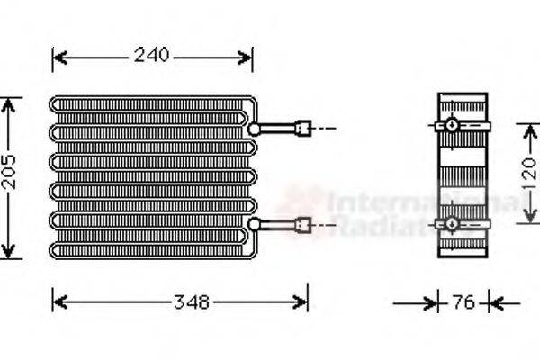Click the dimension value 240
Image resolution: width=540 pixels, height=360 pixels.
click(x=152, y=56)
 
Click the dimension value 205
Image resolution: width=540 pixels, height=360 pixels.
click(x=9, y=178)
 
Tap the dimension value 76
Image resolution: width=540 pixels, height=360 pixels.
click(x=463, y=303)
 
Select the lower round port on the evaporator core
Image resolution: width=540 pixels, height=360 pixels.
click(x=255, y=224)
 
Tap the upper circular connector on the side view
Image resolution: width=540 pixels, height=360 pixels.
click(x=451, y=124)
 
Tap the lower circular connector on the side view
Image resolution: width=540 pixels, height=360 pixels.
click(x=451, y=224)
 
